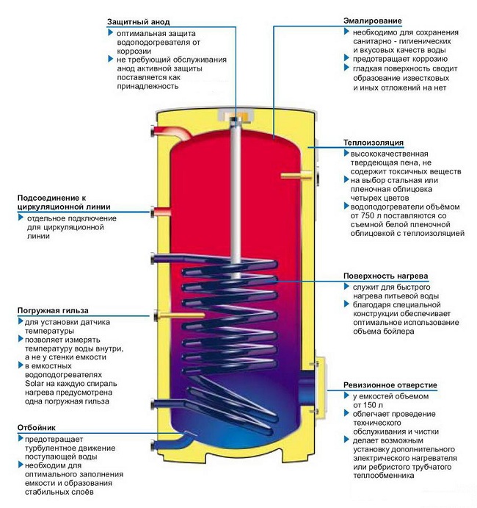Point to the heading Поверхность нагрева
click(x=386, y=276)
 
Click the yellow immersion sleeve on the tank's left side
click(x=167, y=314)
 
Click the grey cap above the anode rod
click(x=236, y=115)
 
